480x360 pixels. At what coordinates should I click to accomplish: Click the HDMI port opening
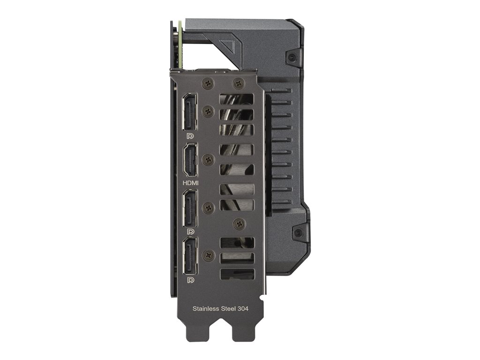[190, 160]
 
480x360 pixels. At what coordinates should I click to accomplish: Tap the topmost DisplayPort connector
[190, 112]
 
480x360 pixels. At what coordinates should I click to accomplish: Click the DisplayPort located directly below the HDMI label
[190, 208]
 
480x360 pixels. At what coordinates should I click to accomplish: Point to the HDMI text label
[190, 183]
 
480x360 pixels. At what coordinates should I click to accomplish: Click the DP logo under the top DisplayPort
[190, 135]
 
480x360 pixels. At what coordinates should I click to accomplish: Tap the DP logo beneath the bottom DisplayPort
[190, 280]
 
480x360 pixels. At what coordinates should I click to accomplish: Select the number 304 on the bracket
[243, 308]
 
